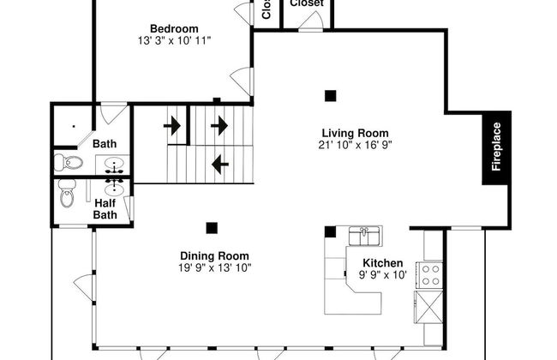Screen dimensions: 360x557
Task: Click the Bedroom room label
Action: tap(174, 27)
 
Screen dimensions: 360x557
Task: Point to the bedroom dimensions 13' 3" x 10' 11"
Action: tap(174, 39)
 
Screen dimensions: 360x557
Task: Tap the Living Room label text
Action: tap(355, 133)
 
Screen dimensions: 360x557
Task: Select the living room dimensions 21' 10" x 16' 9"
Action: tap(355, 145)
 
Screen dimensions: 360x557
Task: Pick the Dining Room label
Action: tap(214, 255)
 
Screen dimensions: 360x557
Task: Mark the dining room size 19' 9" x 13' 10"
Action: tap(214, 267)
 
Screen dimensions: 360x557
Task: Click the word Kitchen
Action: tap(383, 263)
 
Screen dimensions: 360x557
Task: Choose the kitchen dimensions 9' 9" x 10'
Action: tap(383, 275)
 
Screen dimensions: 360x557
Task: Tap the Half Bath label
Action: tap(105, 208)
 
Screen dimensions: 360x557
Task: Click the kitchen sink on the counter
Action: tap(364, 232)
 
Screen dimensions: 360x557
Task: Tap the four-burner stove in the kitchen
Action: tap(430, 274)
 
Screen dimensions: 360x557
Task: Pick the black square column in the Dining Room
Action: tap(211, 227)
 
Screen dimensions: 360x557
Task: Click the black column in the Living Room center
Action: tap(330, 95)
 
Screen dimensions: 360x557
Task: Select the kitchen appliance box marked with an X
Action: tap(428, 305)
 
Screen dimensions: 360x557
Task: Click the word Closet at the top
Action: tap(306, 3)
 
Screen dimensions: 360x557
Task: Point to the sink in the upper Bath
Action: tap(116, 164)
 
